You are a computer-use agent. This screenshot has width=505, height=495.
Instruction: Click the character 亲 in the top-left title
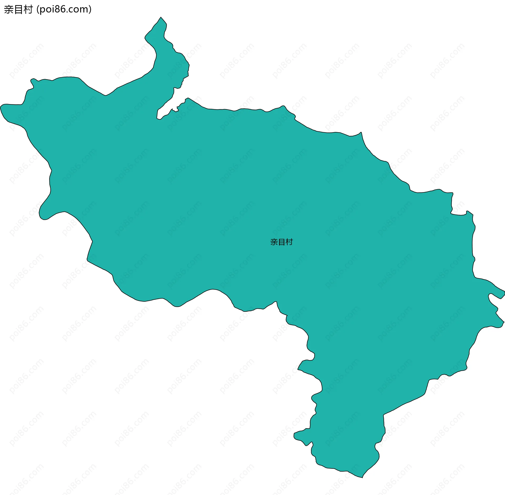tap(8, 9)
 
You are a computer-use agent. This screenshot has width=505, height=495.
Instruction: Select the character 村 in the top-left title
tap(28, 9)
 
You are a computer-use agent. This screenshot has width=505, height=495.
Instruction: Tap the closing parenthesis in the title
tap(90, 10)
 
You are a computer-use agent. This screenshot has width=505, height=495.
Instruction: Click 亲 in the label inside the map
tap(274, 242)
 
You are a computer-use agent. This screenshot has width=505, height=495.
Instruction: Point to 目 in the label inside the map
tap(282, 242)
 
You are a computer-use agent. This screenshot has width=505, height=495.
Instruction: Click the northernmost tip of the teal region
tap(161, 17)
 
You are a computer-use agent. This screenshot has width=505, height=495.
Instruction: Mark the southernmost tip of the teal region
tap(362, 477)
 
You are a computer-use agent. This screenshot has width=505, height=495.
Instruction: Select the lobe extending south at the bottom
tap(347, 434)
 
